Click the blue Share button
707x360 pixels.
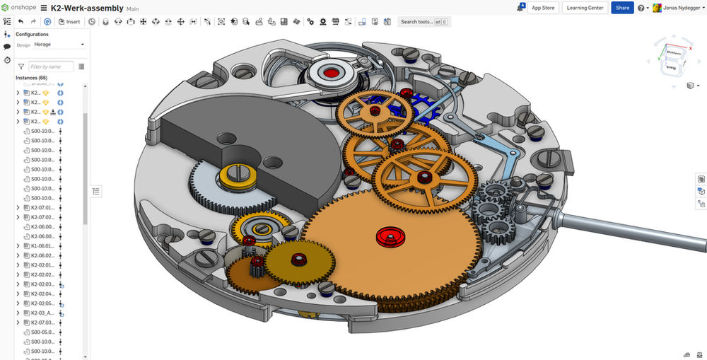click(622, 8)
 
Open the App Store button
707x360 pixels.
click(543, 8)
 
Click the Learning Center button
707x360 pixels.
click(585, 8)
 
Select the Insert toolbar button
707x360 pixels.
click(69, 22)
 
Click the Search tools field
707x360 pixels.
click(423, 22)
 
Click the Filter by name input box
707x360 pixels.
click(51, 66)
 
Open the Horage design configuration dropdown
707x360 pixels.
click(59, 45)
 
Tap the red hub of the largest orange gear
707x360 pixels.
click(387, 236)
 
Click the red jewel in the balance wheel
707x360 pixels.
click(330, 72)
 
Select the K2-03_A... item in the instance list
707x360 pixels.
click(44, 313)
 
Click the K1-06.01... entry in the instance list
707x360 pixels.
click(44, 245)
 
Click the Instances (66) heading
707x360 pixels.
click(31, 78)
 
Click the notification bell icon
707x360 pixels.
click(521, 8)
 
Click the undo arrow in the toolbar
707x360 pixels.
click(21, 22)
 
